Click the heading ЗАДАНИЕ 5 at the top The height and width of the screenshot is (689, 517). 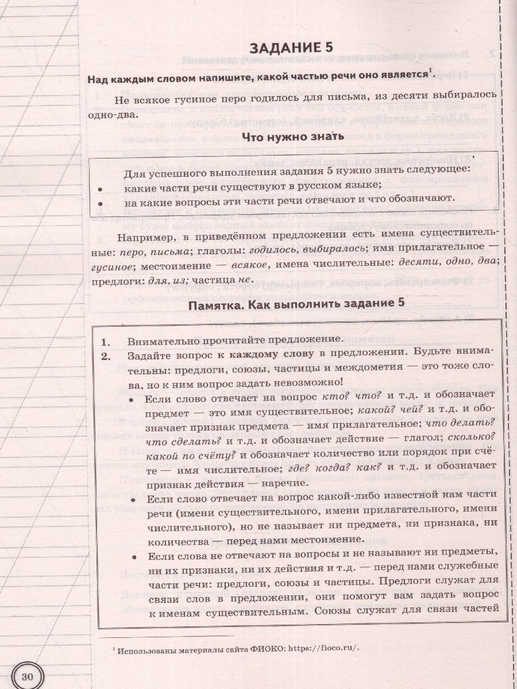(283, 47)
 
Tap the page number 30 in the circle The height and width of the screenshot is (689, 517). (28, 676)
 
